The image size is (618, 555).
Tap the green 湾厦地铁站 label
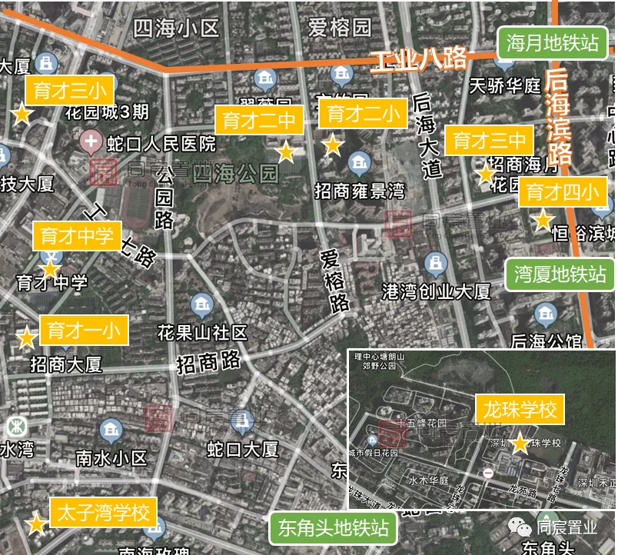coord(560,274)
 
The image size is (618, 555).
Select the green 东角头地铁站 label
coord(332,528)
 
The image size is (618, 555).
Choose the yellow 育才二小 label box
coord(363,114)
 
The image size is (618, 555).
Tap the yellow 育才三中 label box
coord(489,141)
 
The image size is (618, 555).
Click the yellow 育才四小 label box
coord(562,192)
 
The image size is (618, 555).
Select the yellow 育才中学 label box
coord(75,236)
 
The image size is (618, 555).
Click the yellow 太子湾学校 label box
coord(102,512)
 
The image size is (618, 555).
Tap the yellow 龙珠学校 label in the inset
coord(520,409)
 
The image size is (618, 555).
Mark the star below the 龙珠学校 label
coord(520,444)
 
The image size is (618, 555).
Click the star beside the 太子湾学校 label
coord(36,525)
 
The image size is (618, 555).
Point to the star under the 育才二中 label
coord(286,152)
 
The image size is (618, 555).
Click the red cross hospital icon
coord(91,141)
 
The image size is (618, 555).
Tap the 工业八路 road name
coord(418,59)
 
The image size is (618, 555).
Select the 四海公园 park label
coord(236,173)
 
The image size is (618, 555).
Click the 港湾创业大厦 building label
coord(436,291)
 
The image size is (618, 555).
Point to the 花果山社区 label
coord(202,332)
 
